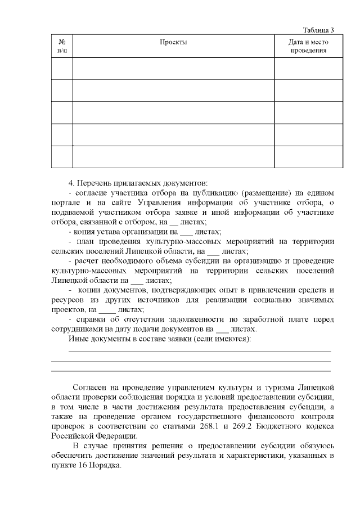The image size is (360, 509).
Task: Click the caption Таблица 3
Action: coord(318,30)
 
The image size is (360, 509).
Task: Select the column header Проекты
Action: coord(173,42)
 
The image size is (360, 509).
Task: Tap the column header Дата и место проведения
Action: coord(308,46)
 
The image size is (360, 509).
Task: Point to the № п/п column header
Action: coord(62,46)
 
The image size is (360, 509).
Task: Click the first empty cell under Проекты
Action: coord(173,68)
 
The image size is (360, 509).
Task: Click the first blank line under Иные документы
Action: coord(199,352)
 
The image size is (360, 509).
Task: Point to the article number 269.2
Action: coord(243,425)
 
